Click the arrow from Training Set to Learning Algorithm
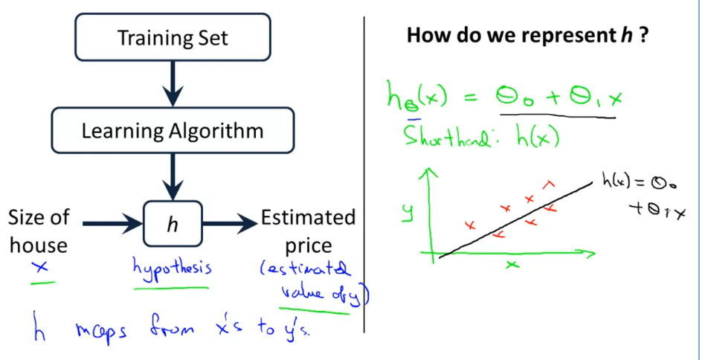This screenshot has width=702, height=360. [173, 84]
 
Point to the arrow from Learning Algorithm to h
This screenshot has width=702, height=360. [173, 176]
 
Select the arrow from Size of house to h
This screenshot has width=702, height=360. [113, 222]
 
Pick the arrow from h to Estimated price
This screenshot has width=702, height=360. [230, 222]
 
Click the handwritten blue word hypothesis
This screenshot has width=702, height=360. [172, 269]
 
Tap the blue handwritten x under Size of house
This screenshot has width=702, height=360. [42, 267]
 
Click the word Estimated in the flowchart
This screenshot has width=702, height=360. [308, 219]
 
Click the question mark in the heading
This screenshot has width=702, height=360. [645, 36]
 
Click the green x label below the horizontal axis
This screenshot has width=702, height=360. [512, 265]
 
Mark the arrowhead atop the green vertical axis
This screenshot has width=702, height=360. [428, 172]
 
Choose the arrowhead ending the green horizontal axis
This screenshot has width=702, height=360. [591, 254]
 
